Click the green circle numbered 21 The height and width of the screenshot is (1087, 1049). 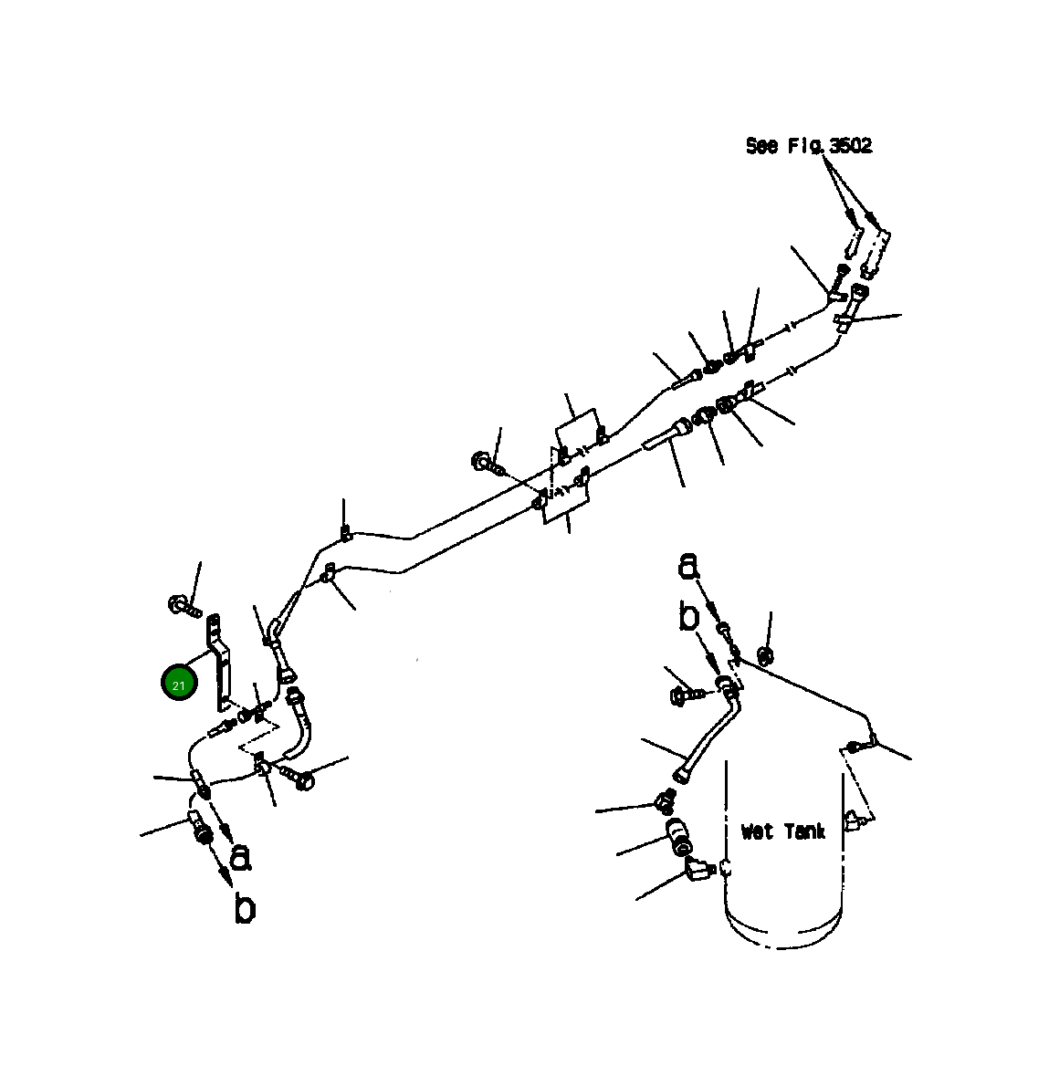(179, 684)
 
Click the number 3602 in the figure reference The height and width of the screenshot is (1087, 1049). (850, 146)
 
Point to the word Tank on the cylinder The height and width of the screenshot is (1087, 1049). (802, 831)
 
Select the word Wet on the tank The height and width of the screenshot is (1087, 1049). (758, 831)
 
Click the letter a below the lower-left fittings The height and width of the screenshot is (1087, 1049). (240, 857)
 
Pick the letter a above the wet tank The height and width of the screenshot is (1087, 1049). (688, 567)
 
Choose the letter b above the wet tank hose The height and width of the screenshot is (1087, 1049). (689, 617)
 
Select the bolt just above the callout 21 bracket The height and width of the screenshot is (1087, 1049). (183, 604)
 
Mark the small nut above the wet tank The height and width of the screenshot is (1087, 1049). (767, 653)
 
